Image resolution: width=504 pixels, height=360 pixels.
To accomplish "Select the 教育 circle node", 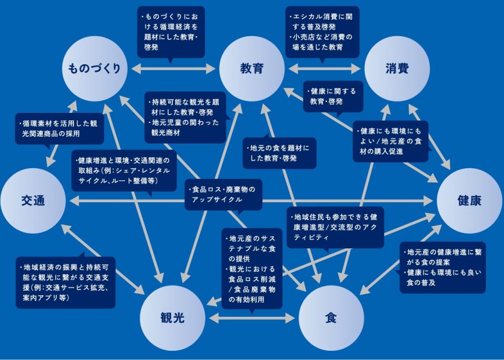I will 252,68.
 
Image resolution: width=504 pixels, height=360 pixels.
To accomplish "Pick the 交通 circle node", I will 33,200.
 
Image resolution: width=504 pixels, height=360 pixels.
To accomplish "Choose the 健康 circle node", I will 469,201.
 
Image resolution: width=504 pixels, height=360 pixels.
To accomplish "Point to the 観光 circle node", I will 173,318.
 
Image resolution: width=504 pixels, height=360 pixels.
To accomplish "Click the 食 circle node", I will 330,318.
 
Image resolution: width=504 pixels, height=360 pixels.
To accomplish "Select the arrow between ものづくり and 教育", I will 174,69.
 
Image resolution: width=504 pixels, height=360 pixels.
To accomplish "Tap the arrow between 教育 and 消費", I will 324,69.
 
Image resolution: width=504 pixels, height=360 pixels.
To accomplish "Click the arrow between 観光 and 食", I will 252,317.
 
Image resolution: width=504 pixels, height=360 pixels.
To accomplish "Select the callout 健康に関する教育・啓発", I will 333,96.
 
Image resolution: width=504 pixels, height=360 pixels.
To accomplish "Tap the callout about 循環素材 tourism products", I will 59,129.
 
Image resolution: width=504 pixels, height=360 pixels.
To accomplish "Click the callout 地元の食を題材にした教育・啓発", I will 279,153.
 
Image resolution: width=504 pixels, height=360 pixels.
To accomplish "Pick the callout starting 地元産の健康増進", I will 443,267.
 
